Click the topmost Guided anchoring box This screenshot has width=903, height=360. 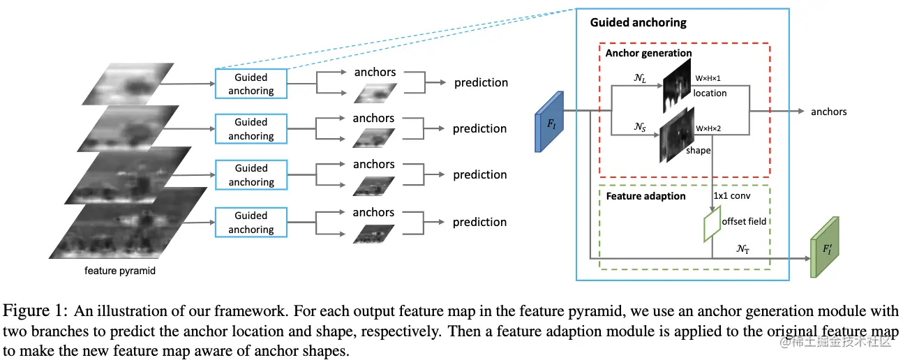click(251, 84)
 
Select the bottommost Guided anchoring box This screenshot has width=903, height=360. click(251, 223)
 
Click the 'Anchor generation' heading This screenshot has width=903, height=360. click(648, 53)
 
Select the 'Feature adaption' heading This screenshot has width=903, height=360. click(645, 196)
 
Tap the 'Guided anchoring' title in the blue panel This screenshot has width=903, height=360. click(638, 22)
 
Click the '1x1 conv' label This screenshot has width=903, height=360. click(731, 196)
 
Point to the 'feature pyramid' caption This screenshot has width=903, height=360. click(119, 271)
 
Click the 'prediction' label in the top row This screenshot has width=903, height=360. click(481, 83)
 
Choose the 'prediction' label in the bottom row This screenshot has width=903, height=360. click(479, 222)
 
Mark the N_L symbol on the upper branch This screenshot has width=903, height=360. click(639, 80)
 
